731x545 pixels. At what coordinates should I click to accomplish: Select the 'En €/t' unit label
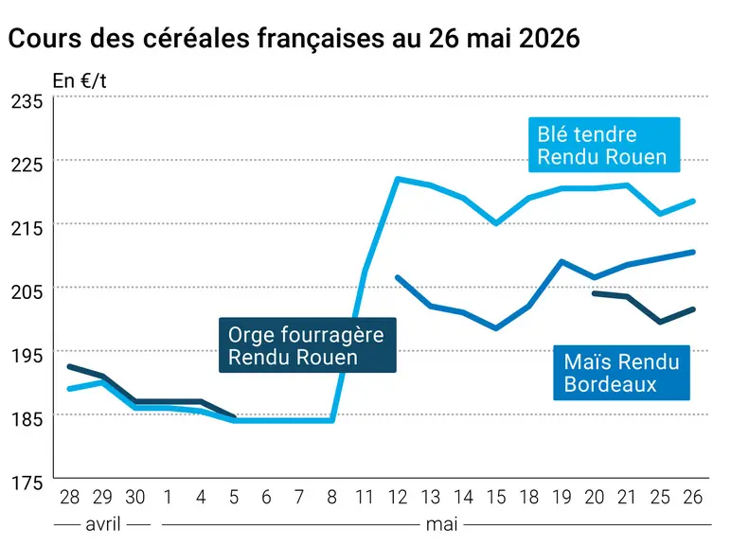80,81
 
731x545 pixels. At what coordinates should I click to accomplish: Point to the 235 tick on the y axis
27,101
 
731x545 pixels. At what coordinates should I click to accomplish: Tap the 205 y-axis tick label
27,292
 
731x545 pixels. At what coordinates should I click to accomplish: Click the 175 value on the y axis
27,483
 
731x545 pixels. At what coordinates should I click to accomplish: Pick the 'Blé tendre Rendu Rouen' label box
604,145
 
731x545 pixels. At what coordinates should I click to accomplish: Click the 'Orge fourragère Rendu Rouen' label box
307,345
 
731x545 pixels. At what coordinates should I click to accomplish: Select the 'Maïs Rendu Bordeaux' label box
621,373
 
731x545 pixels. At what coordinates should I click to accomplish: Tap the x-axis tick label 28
69,498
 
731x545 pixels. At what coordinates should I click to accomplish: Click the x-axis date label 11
365,498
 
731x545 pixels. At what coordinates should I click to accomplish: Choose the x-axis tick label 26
693,498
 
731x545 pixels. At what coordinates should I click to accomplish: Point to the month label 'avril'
103,524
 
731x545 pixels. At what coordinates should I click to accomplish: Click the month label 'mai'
441,524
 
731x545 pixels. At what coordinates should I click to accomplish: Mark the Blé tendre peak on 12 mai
398,179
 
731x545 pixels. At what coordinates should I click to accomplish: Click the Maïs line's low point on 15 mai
496,328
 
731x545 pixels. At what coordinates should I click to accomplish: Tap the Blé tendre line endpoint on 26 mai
693,202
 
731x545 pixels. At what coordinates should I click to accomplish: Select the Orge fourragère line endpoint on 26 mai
693,309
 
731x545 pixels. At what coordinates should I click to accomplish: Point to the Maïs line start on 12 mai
398,277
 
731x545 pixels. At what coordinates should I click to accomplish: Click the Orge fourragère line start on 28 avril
70,366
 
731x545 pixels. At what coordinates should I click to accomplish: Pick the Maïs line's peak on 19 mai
562,262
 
